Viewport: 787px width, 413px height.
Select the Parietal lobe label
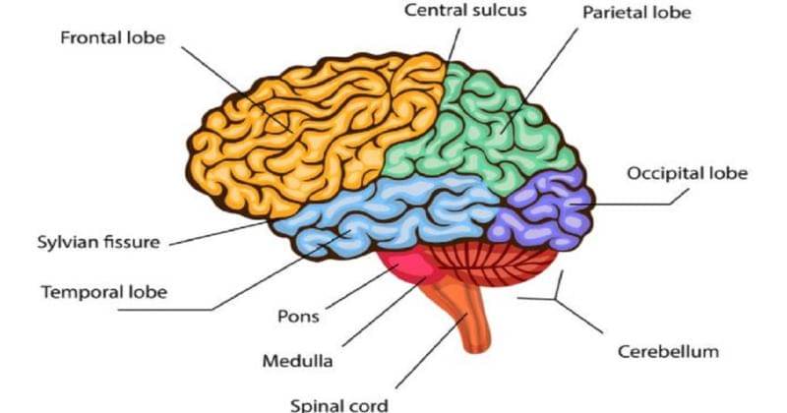[636, 14]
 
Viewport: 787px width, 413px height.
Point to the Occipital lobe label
[688, 173]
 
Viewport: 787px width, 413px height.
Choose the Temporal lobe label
[103, 292]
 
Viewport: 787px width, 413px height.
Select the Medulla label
[297, 360]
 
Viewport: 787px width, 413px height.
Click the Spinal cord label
[338, 403]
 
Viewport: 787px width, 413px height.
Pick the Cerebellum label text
[668, 351]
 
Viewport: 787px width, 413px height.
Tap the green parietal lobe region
[492, 128]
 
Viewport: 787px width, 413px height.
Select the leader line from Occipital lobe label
[639, 204]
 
